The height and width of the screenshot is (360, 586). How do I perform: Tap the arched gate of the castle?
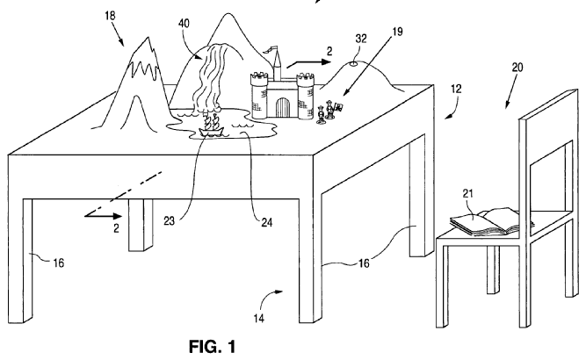click(x=281, y=108)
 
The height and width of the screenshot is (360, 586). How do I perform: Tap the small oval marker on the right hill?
click(x=353, y=63)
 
